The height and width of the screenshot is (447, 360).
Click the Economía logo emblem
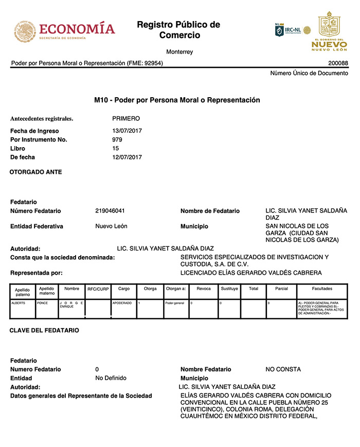click(x=23, y=31)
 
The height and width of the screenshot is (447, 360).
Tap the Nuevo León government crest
click(x=329, y=25)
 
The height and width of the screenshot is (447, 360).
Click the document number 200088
click(x=337, y=63)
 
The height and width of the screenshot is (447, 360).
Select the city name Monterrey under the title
click(x=179, y=52)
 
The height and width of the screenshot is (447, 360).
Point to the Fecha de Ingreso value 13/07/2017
click(x=127, y=131)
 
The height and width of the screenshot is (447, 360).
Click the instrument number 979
click(x=117, y=139)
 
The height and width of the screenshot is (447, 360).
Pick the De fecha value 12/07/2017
click(x=127, y=157)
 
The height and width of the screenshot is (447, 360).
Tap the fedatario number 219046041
click(x=110, y=211)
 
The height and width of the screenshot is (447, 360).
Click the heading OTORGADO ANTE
click(x=36, y=172)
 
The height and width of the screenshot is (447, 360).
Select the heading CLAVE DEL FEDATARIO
click(x=44, y=330)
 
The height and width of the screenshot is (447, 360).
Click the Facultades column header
click(x=322, y=289)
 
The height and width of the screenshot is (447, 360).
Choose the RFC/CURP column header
click(x=98, y=289)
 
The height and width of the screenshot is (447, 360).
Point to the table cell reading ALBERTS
click(x=19, y=303)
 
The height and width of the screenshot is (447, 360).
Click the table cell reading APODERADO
click(x=122, y=303)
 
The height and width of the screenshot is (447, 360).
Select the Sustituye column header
click(x=229, y=289)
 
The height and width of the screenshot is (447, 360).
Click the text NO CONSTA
click(x=283, y=369)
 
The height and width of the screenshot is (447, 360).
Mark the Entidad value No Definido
click(x=111, y=378)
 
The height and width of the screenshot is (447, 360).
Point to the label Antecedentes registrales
click(x=42, y=119)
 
